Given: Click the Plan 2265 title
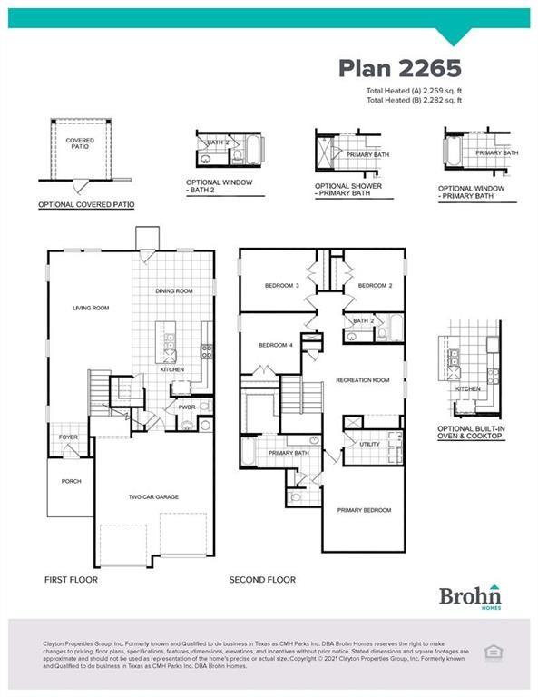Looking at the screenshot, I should point(400,68).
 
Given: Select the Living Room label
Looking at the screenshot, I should point(91,308).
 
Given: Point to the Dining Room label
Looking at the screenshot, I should point(173,290).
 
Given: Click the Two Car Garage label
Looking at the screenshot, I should point(152,496).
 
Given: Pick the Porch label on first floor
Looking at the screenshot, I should point(71,481).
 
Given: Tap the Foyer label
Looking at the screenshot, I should point(69,437).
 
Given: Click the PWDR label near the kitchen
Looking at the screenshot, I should point(187,407).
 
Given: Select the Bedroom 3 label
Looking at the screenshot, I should point(281,286).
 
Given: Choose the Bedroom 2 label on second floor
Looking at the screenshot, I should point(374,286).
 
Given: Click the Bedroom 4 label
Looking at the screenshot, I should point(275,345).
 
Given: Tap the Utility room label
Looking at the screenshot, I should point(368,445).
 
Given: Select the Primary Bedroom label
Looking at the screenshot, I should point(364,510).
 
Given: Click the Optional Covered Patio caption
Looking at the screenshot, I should point(86,205).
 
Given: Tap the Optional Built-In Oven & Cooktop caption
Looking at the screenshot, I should point(469,432).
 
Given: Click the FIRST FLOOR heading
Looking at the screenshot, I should point(71,579).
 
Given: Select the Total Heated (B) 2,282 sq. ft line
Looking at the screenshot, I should point(414,100).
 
